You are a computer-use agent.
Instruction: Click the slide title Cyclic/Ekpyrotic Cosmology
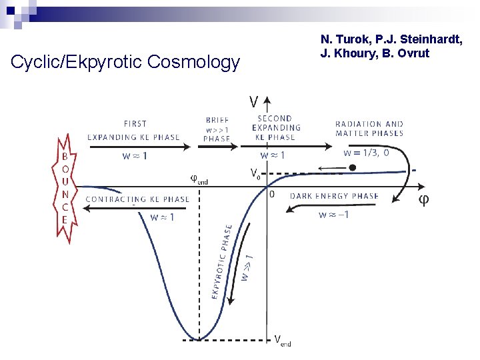pyautogui.click(x=125, y=63)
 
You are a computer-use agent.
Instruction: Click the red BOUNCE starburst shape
pyautogui.click(x=65, y=188)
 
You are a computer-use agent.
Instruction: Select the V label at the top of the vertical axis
pyautogui.click(x=254, y=102)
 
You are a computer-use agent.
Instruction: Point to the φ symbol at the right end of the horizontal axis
pyautogui.click(x=423, y=200)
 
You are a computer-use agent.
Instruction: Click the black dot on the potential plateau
pyautogui.click(x=353, y=168)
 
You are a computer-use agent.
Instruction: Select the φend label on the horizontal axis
pyautogui.click(x=199, y=179)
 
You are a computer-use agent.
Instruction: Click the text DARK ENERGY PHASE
pyautogui.click(x=334, y=196)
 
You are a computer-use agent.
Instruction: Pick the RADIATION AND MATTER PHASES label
pyautogui.click(x=369, y=128)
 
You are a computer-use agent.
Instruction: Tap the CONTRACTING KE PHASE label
pyautogui.click(x=138, y=199)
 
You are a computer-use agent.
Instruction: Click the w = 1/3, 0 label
pyautogui.click(x=367, y=152)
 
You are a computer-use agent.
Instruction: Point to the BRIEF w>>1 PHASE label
pyautogui.click(x=217, y=129)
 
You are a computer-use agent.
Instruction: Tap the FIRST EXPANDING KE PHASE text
pyautogui.click(x=134, y=130)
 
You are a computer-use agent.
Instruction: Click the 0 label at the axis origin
pyautogui.click(x=271, y=195)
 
